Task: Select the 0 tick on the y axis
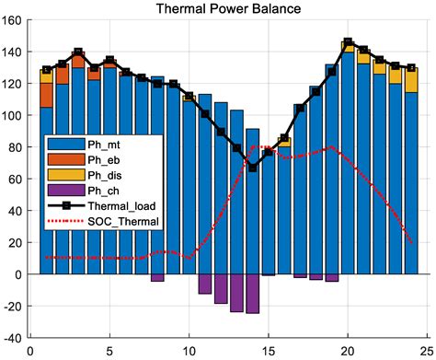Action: click(20, 274)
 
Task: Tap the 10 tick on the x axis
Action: click(189, 351)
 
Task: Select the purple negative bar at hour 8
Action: click(157, 277)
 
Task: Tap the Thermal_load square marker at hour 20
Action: click(348, 43)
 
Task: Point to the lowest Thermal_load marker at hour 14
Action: click(252, 168)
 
